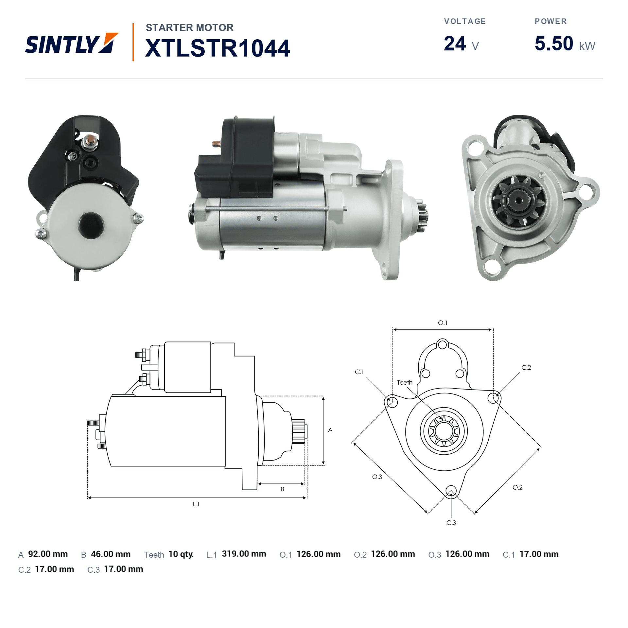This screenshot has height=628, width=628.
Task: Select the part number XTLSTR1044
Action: (x=218, y=48)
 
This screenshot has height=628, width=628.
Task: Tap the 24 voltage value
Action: (x=455, y=44)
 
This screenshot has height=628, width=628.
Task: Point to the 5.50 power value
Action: (x=554, y=44)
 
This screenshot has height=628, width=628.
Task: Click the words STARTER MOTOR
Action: (x=190, y=27)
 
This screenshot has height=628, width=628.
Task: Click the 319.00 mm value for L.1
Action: (x=244, y=554)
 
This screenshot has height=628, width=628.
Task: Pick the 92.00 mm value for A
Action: (x=48, y=554)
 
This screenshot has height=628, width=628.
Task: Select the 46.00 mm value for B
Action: (x=111, y=554)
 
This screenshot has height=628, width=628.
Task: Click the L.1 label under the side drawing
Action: (x=196, y=504)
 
